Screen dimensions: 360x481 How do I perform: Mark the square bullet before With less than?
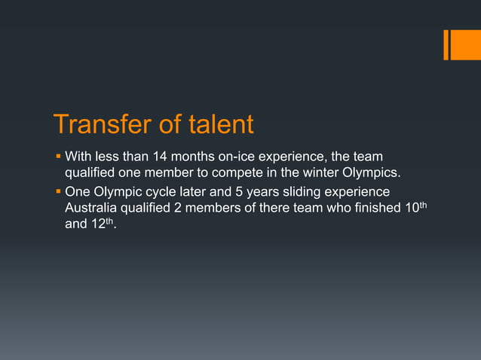tap(57, 157)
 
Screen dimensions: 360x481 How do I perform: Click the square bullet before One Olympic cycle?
tap(57, 191)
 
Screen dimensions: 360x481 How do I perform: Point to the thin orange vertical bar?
tap(446, 44)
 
